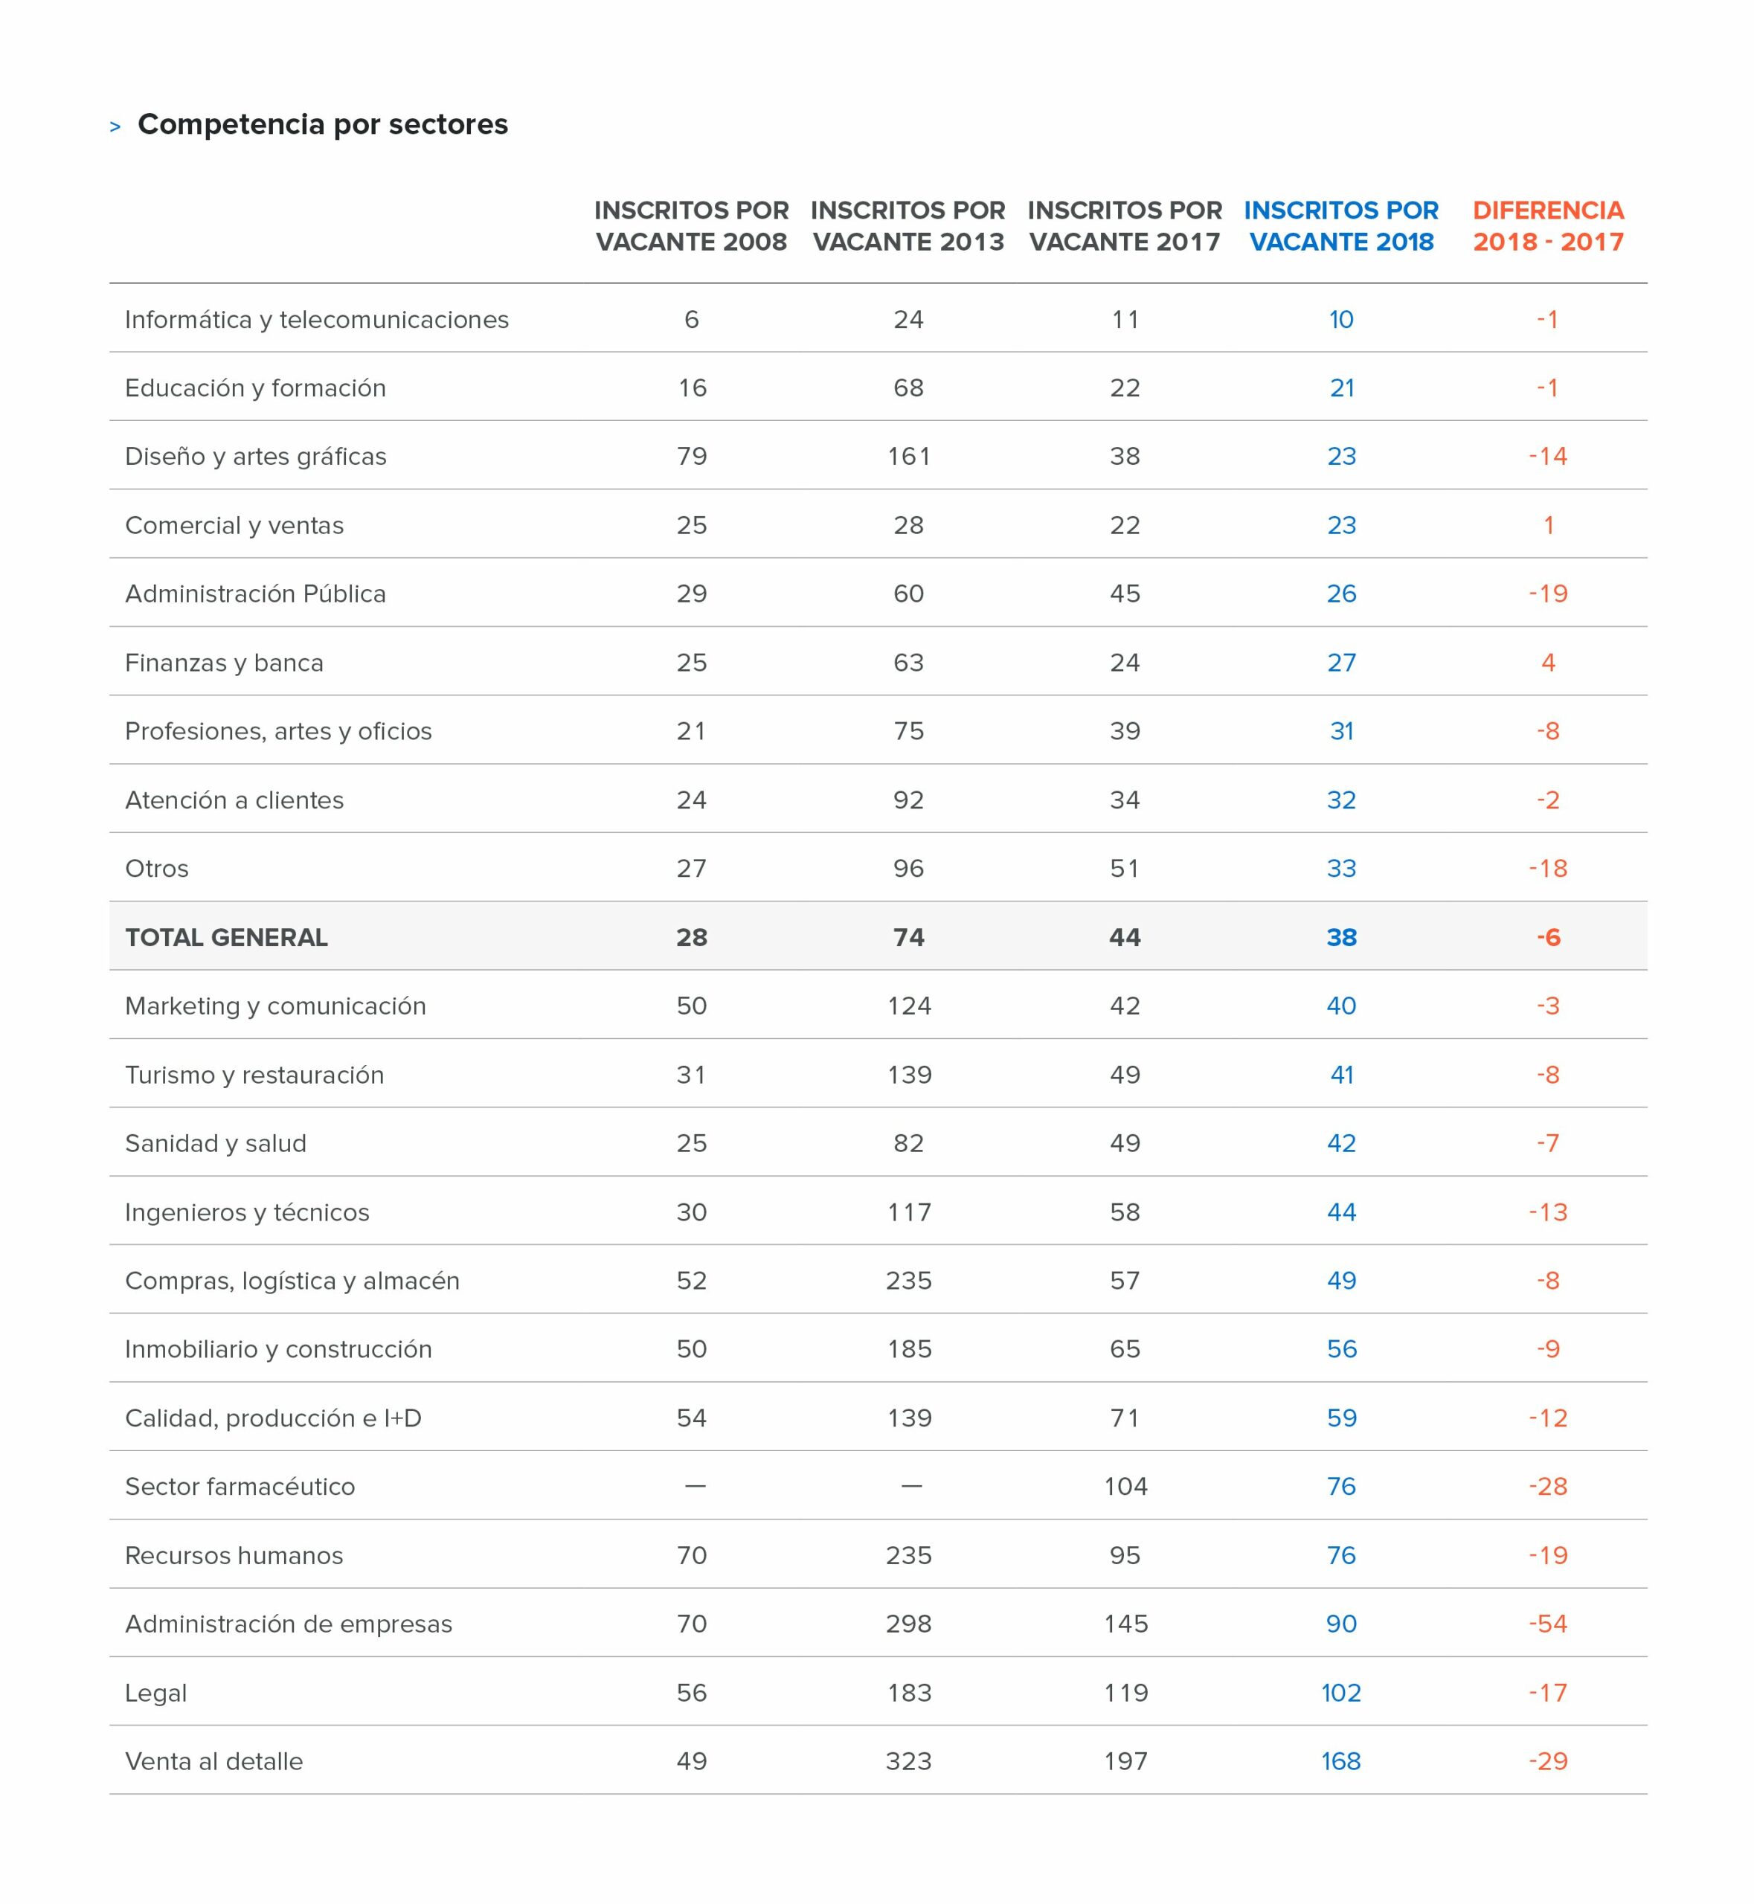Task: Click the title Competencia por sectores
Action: click(323, 124)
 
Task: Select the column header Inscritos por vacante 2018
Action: click(1340, 226)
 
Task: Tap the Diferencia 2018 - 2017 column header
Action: click(1548, 226)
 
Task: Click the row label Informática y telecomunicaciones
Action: click(317, 320)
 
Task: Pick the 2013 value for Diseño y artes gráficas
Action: click(908, 457)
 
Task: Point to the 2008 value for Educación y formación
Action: click(692, 388)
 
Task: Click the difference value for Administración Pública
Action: click(1548, 594)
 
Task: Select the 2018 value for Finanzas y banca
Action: click(1341, 663)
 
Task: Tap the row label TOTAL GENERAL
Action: click(226, 938)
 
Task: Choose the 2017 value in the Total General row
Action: click(1125, 938)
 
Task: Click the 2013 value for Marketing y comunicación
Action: click(908, 1006)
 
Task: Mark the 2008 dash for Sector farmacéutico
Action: click(695, 1486)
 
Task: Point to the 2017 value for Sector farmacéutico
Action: click(1125, 1486)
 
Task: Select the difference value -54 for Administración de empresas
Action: click(1548, 1624)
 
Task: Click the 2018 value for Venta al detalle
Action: click(1341, 1762)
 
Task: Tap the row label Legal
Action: click(155, 1694)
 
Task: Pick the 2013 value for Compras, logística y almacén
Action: click(908, 1281)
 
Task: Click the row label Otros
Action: click(157, 869)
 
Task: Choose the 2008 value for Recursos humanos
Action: click(692, 1556)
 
